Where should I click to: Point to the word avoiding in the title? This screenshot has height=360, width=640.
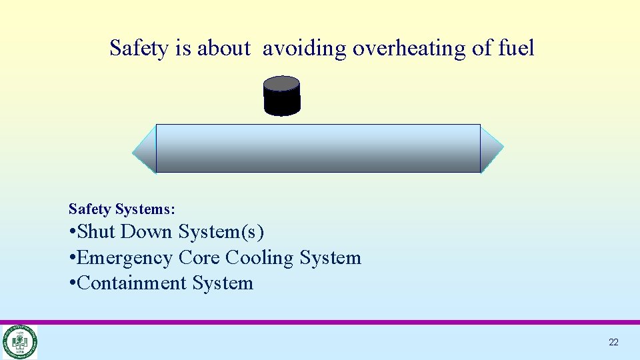305,49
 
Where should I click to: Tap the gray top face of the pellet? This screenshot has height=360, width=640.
282,83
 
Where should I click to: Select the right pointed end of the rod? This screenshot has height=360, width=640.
491,148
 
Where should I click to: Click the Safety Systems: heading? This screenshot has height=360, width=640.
122,209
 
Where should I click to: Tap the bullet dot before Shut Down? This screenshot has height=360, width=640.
72,233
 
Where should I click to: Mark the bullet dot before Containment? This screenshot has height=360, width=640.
72,283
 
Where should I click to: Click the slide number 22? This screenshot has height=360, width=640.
613,342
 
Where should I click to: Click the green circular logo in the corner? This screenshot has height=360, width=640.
19,342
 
